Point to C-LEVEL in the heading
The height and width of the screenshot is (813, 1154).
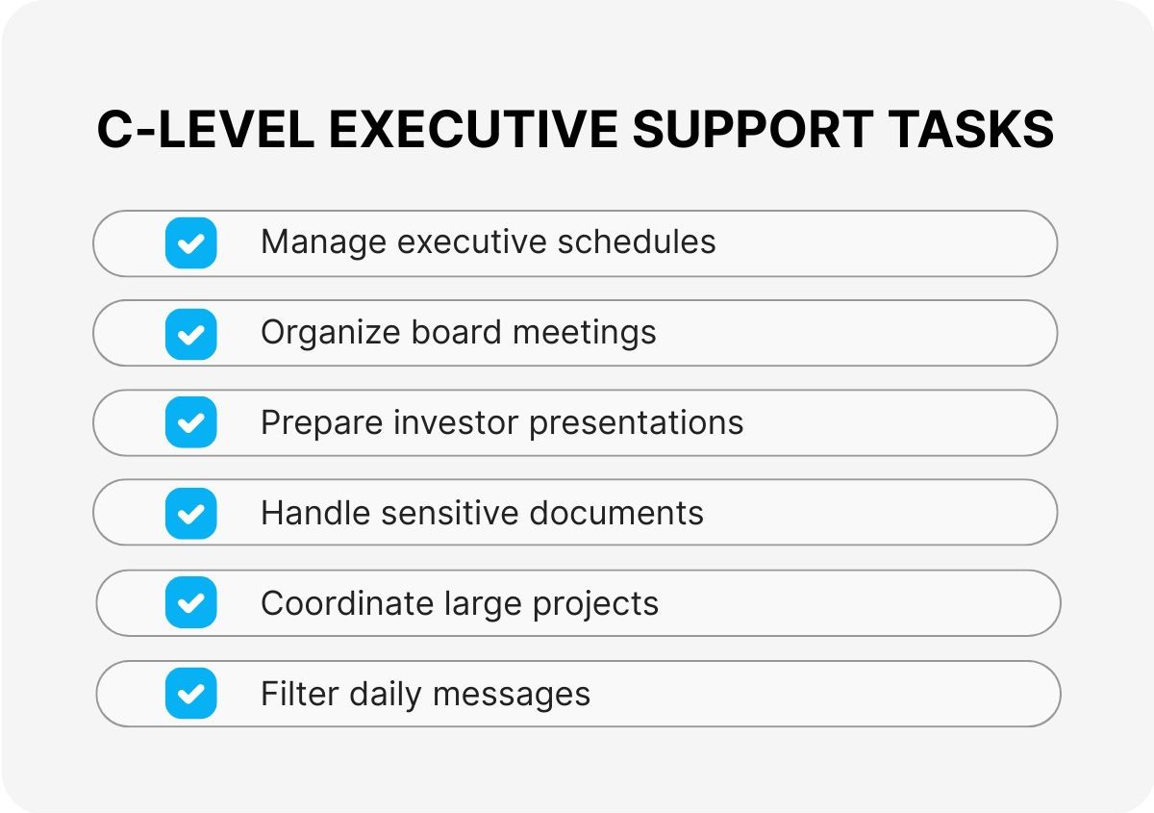pyautogui.click(x=205, y=130)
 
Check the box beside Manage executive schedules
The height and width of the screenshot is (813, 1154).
pyautogui.click(x=191, y=242)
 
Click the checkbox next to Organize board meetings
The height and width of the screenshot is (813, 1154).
pyautogui.click(x=191, y=333)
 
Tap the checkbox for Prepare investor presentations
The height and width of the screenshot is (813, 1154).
pyautogui.click(x=191, y=423)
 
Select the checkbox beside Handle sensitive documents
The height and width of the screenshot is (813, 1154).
pyautogui.click(x=191, y=513)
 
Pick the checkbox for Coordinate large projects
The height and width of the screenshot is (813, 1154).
pyautogui.click(x=191, y=603)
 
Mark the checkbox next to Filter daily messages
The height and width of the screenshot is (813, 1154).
pyautogui.click(x=191, y=694)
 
